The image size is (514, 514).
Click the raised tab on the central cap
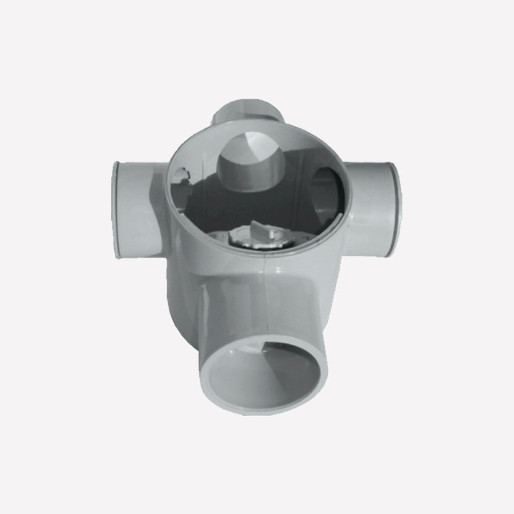coord(261,229)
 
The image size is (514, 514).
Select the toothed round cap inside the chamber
coord(261,237)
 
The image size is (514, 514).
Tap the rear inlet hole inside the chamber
coord(250,163)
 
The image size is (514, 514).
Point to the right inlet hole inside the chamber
coord(326,193)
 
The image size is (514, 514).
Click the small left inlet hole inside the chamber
coord(180,178)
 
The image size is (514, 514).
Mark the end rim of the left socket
coord(116,210)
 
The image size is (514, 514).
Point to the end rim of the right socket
coord(396,208)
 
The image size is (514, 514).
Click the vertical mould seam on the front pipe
coord(265,301)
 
